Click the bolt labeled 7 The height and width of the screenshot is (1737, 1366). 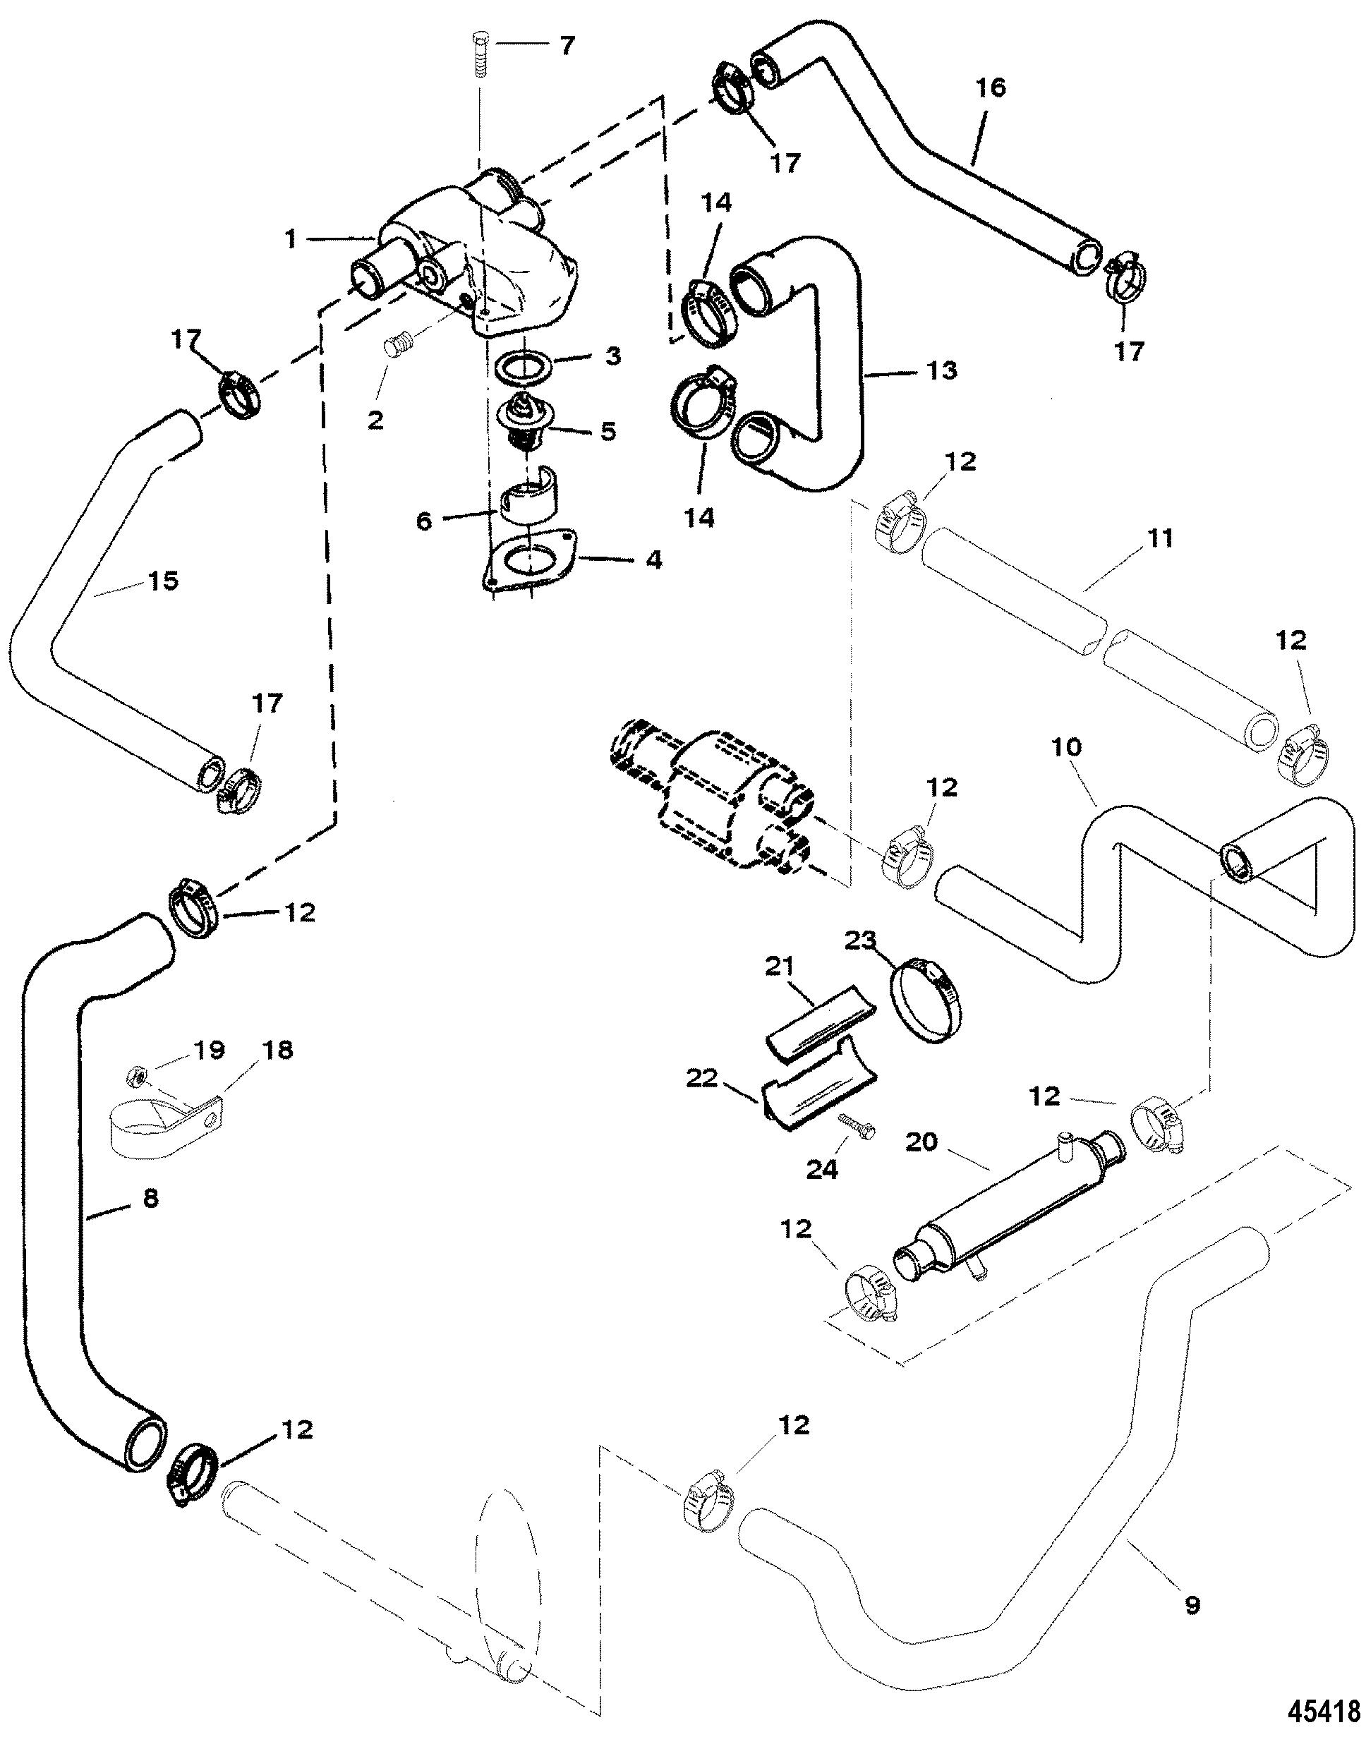click(x=480, y=54)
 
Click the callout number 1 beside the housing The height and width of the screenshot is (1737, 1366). click(x=291, y=238)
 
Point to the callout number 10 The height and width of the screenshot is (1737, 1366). click(x=1067, y=747)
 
